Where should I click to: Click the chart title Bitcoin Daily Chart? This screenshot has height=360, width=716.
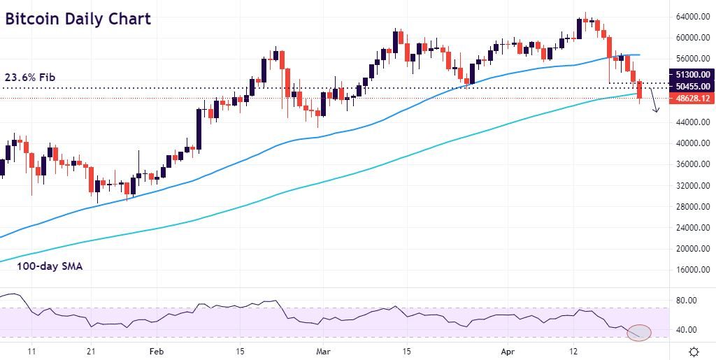point(78,19)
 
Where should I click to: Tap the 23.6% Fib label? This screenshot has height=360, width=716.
point(30,77)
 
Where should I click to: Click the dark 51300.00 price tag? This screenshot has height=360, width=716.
point(691,74)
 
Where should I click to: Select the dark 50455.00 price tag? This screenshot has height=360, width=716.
point(691,86)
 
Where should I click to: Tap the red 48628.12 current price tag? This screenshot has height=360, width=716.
point(691,99)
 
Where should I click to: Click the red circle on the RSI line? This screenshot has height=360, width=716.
point(639,333)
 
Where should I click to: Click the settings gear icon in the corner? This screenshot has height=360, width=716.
point(694,351)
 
